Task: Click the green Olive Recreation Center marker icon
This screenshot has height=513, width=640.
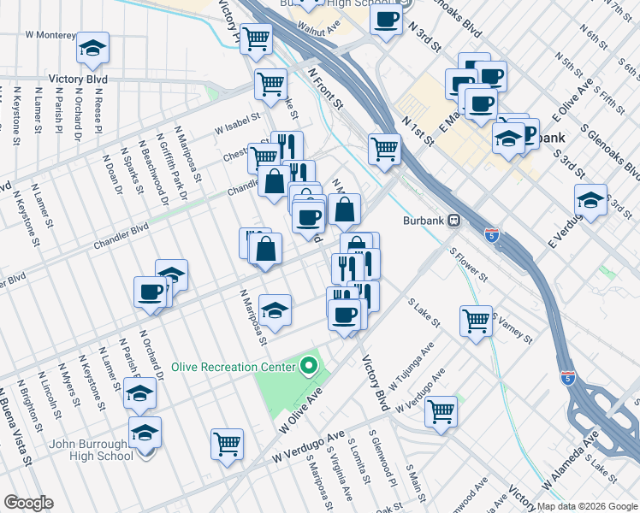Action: [x=309, y=367]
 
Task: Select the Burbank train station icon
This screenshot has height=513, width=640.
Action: [x=455, y=219]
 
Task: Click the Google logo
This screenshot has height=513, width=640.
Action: [x=28, y=503]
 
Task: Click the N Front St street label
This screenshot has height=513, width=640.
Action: [x=324, y=90]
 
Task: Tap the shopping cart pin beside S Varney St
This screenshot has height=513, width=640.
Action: [x=476, y=321]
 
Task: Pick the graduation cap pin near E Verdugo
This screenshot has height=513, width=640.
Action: [x=590, y=200]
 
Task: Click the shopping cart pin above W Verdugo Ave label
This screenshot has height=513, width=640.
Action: [x=441, y=411]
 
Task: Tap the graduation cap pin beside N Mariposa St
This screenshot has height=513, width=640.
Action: [x=275, y=310]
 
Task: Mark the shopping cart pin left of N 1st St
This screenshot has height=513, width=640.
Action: [x=385, y=148]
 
